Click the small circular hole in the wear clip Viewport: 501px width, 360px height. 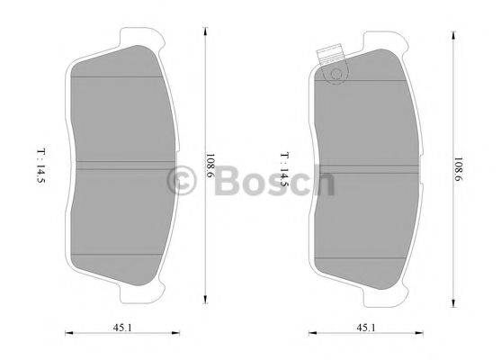[335, 75]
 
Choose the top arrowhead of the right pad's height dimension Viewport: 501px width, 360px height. [452, 29]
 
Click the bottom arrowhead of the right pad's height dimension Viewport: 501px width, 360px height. [452, 304]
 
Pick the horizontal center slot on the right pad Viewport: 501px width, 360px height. [369, 166]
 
